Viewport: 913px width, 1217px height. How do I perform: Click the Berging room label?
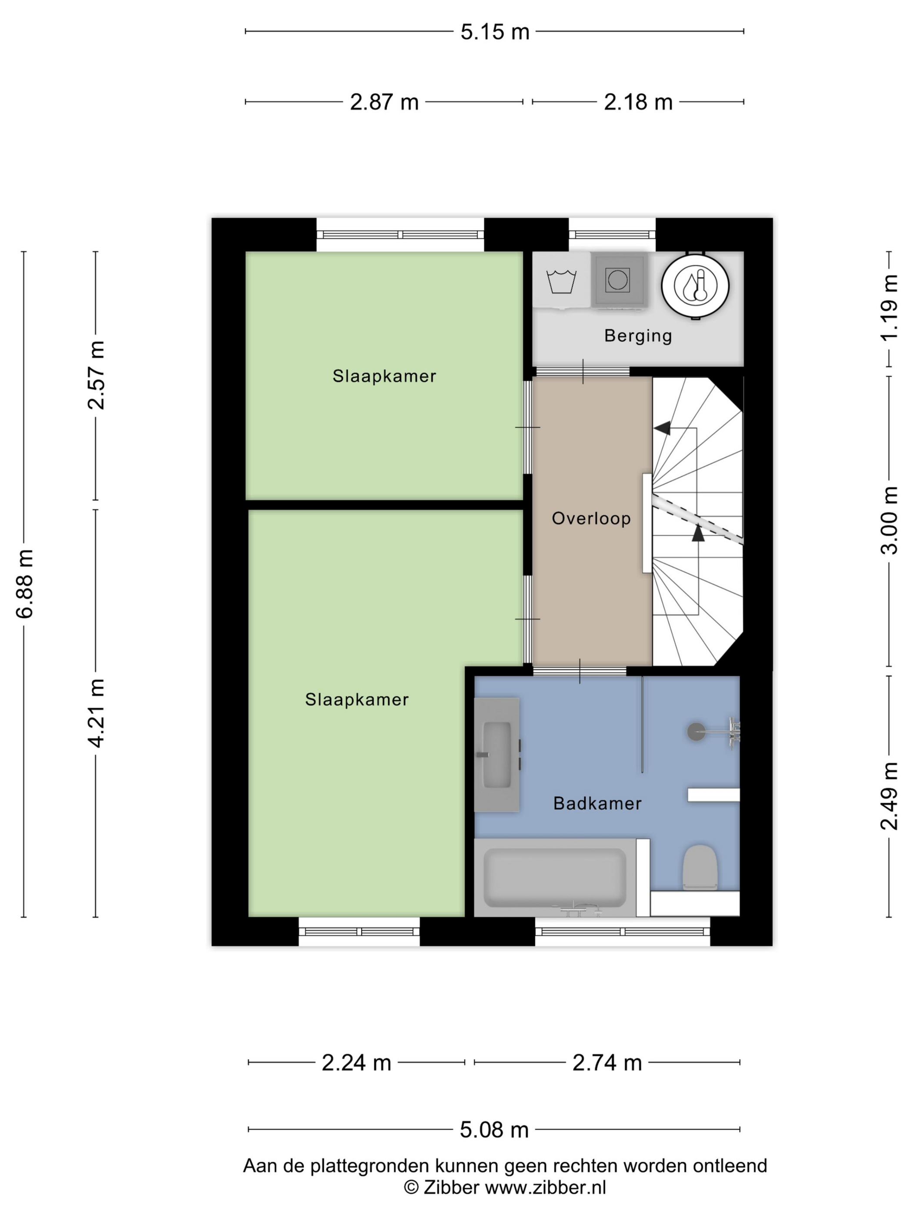click(638, 336)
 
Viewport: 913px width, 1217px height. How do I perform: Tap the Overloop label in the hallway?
click(591, 518)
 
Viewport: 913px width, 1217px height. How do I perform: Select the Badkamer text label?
click(597, 804)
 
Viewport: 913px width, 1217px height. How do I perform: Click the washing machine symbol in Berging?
click(561, 281)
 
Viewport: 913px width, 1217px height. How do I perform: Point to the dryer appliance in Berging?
click(617, 280)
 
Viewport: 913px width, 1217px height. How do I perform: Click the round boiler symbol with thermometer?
click(695, 286)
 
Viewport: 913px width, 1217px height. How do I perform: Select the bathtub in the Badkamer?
click(554, 877)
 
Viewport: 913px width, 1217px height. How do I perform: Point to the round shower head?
click(696, 732)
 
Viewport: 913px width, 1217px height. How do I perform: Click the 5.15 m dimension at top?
click(494, 32)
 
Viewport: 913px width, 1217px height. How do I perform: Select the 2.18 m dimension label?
click(638, 102)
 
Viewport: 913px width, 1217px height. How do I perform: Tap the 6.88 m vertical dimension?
click(25, 584)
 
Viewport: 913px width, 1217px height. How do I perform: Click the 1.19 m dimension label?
click(890, 308)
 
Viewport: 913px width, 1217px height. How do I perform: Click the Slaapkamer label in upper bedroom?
click(384, 376)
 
